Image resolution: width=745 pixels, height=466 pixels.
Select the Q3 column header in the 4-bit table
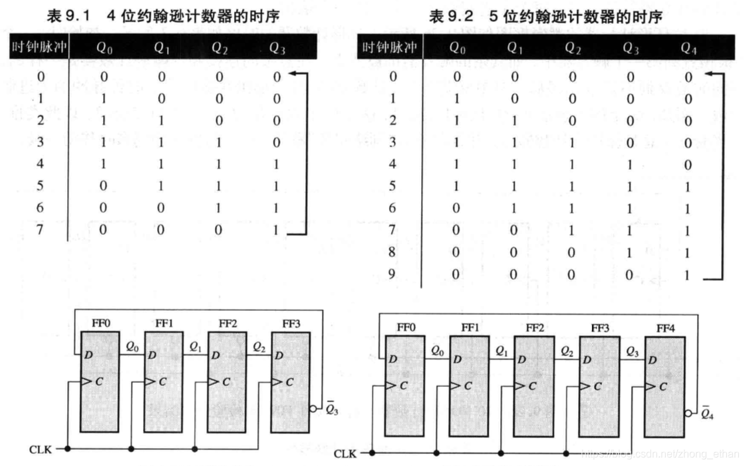[279, 48]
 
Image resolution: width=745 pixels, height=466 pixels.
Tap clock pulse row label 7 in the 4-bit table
[41, 230]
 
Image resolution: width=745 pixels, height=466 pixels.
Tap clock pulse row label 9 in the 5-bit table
[392, 274]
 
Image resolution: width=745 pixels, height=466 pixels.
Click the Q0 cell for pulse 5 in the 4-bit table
[104, 186]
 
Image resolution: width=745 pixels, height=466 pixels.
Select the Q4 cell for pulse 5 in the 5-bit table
[688, 186]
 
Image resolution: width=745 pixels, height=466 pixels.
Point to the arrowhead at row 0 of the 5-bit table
[707, 75]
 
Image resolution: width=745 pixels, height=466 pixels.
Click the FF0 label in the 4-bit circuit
[102, 324]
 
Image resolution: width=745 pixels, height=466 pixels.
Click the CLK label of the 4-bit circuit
[39, 449]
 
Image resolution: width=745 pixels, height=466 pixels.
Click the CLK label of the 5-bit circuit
[345, 454]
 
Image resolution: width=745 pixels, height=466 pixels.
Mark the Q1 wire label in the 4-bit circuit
[195, 346]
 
